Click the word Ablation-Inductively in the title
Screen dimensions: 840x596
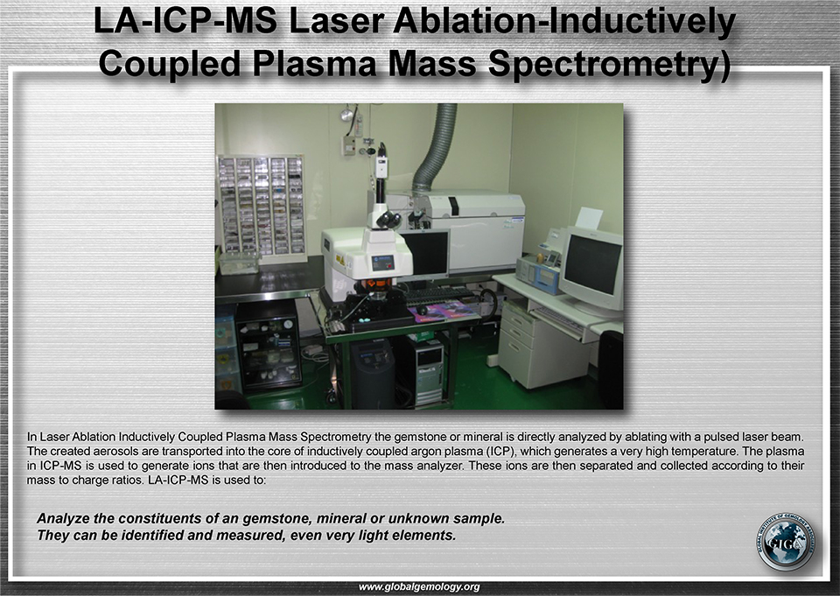coord(564,22)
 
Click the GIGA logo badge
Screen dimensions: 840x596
coord(786,543)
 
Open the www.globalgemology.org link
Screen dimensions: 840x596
coord(419,587)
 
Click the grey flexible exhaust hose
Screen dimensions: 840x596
coord(435,146)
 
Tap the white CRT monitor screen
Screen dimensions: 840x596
coord(593,264)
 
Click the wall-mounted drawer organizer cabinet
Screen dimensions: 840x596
coord(261,206)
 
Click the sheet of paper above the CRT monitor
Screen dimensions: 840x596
coord(589,218)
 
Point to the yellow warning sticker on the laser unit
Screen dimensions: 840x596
coord(340,260)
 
